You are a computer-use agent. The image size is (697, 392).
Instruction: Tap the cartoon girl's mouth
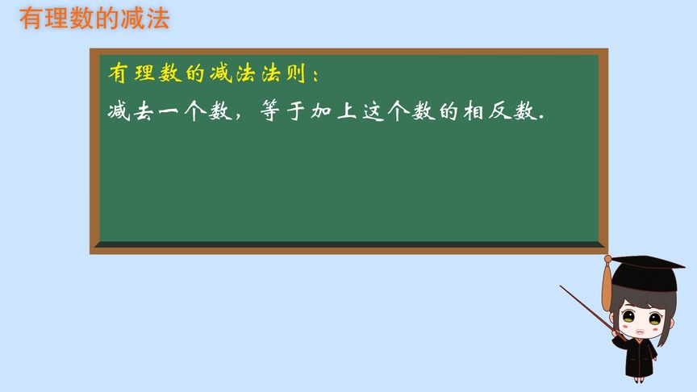pos(640,331)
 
